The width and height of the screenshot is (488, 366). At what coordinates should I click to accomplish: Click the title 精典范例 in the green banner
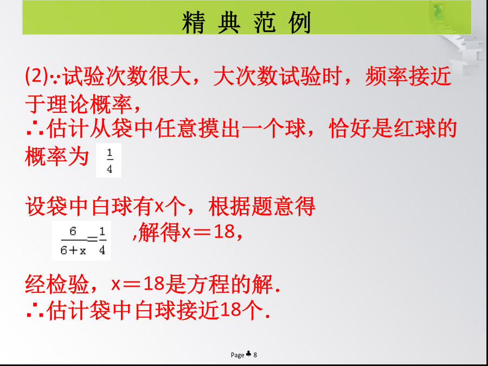point(247,22)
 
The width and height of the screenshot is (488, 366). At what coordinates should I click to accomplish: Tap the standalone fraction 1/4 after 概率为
point(109,161)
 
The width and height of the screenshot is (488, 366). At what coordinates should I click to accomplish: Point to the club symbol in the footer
point(248,354)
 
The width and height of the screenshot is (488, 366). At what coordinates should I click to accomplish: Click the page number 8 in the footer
point(255,355)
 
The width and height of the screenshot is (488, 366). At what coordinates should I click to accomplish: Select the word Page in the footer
point(237,355)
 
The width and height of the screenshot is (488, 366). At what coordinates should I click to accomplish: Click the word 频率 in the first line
point(386,76)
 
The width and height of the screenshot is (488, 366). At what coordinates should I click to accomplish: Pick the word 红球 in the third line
point(414,129)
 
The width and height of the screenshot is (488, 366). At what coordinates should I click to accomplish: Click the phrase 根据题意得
point(262,207)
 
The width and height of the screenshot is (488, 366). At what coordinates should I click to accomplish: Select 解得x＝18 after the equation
point(186,233)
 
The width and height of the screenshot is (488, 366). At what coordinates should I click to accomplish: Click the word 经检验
point(56,284)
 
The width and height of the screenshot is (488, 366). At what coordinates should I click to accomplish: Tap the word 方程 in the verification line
point(208,284)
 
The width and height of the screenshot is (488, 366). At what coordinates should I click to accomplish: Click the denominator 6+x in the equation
point(73,251)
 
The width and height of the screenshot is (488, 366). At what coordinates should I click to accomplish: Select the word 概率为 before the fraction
point(56,156)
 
